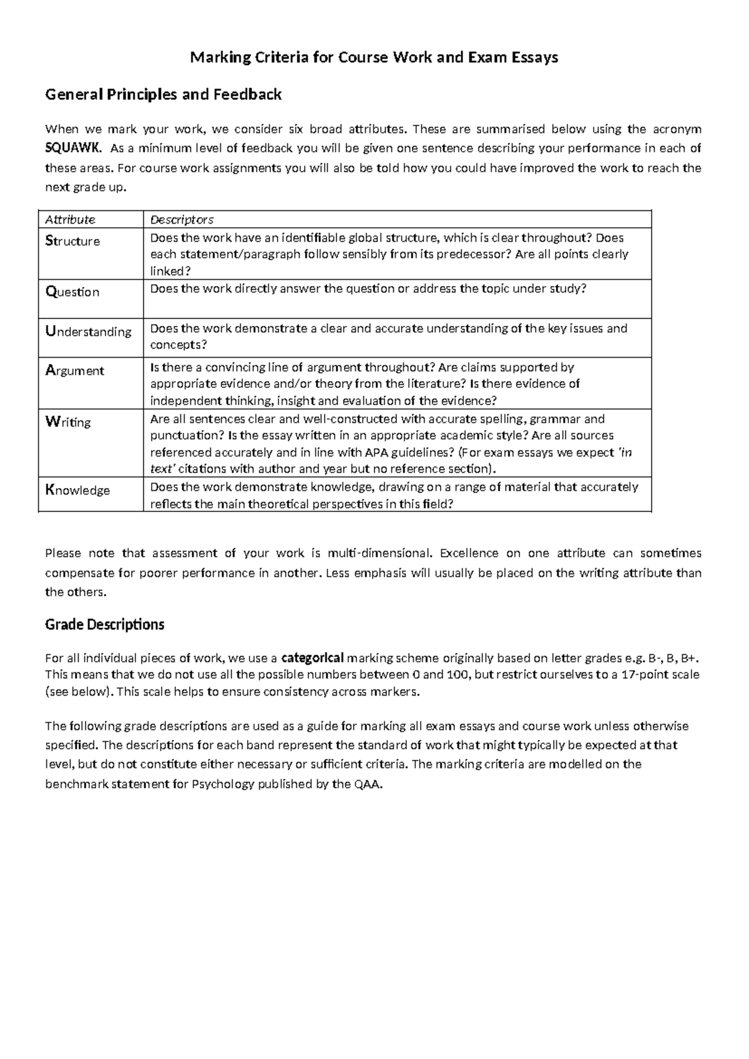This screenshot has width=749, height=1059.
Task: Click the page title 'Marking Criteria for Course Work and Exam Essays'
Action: point(374,58)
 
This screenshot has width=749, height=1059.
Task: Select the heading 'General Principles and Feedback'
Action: point(163,95)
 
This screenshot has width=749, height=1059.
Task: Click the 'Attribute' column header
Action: point(70,220)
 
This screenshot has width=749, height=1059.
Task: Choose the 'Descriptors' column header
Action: point(182,220)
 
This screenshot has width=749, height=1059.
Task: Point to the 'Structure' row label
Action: point(72,241)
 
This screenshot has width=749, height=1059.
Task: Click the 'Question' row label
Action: point(72,292)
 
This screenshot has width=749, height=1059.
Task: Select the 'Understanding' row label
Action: point(88,332)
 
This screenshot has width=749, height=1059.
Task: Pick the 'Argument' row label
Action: point(75,370)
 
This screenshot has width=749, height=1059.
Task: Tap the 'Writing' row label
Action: point(68,422)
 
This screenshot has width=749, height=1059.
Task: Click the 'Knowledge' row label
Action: point(77,490)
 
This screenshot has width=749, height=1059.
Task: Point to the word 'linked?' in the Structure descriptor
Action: point(170,271)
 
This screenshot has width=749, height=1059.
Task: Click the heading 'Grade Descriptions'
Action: point(104,624)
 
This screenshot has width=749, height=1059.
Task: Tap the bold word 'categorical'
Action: point(313,658)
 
